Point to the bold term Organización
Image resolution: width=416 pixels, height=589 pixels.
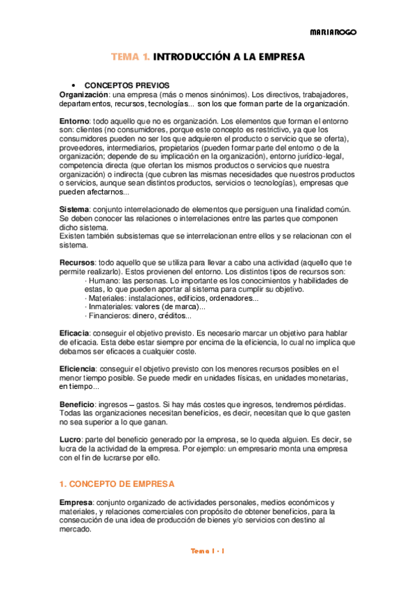coord(83,94)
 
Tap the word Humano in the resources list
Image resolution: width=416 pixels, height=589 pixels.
coord(103,280)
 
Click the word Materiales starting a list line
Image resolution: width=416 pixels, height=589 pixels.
coord(109,297)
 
